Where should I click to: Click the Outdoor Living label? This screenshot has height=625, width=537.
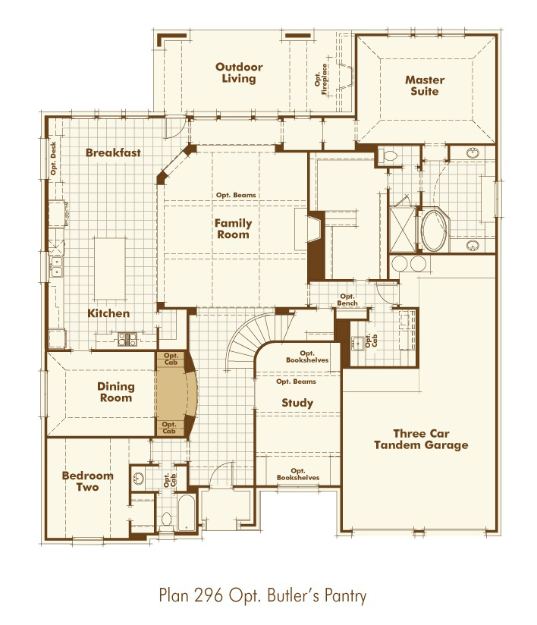(238, 73)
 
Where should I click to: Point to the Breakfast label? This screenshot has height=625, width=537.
(113, 152)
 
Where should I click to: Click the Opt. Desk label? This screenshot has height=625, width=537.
(53, 160)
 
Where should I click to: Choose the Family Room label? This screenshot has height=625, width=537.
(232, 229)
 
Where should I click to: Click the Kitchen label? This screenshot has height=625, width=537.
(108, 313)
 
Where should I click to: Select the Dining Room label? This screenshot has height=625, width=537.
(115, 392)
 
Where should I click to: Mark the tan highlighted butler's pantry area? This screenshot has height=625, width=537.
(176, 394)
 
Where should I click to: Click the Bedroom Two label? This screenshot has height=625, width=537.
(87, 482)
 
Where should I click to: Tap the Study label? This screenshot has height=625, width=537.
(297, 403)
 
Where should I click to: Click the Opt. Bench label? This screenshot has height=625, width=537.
(347, 300)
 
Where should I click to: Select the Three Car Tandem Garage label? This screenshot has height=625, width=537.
(420, 439)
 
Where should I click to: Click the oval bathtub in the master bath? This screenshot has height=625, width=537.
(434, 230)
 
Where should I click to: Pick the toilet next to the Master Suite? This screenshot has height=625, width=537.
(391, 156)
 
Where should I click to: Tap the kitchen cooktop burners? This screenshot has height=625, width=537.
(127, 339)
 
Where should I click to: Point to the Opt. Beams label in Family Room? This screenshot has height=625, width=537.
(234, 195)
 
